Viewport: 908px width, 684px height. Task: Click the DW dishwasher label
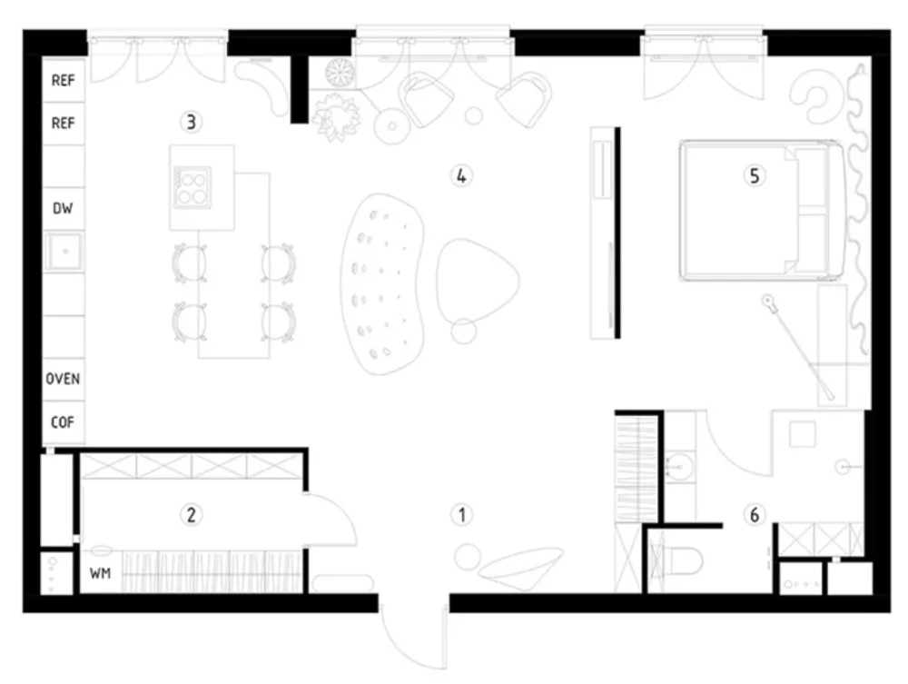point(63,208)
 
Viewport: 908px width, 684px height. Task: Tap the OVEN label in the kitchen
point(63,379)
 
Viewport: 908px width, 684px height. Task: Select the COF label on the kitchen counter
point(63,422)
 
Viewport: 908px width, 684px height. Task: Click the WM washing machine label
point(100,573)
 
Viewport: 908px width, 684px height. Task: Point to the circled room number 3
point(191,123)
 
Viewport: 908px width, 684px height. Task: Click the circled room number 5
point(754,175)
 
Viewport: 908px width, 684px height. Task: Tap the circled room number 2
point(191,514)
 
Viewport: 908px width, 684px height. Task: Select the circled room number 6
point(754,514)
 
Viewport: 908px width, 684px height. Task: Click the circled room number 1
point(461,514)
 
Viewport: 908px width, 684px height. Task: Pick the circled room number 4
point(461,175)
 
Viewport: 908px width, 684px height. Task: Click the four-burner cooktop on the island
point(192,187)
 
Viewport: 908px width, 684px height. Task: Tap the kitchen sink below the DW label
point(64,252)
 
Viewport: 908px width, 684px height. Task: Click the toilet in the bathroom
point(684,560)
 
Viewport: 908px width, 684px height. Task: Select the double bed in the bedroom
point(762,211)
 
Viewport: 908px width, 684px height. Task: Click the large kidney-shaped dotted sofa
point(382,283)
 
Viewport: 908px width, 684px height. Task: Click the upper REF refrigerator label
point(63,80)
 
